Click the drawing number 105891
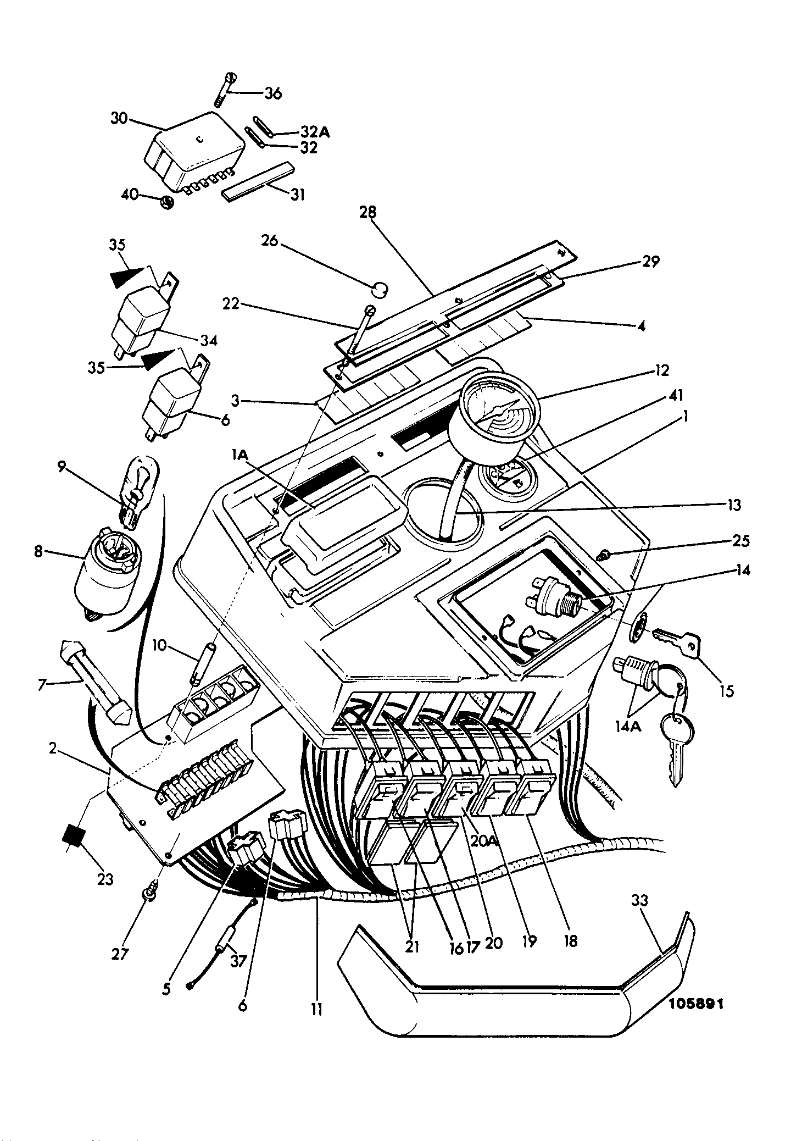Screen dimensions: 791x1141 tap(696, 1003)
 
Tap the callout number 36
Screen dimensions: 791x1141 tap(272, 93)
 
